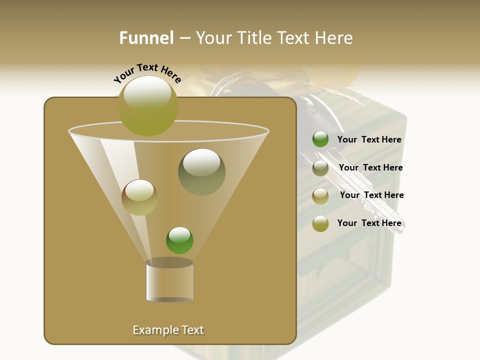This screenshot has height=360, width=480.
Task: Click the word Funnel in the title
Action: click(146, 38)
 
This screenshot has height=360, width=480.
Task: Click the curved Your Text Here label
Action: click(147, 72)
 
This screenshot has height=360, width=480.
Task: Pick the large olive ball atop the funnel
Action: click(148, 105)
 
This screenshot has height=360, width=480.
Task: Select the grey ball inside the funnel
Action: click(201, 171)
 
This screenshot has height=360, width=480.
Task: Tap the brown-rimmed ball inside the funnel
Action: click(139, 197)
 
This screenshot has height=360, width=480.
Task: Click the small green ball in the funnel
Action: click(179, 240)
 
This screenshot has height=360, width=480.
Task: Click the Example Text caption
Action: click(168, 330)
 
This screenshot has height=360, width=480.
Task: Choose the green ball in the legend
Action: click(320, 139)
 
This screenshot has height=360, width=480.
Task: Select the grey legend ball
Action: click(320, 168)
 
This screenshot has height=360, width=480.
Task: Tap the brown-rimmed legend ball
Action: click(320, 195)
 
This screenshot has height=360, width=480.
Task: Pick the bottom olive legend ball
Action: click(320, 223)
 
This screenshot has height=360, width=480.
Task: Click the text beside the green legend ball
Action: click(369, 139)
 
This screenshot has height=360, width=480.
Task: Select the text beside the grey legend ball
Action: click(370, 167)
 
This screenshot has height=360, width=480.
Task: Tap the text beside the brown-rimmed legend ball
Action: click(371, 195)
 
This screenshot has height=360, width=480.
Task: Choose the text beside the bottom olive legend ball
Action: click(369, 223)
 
